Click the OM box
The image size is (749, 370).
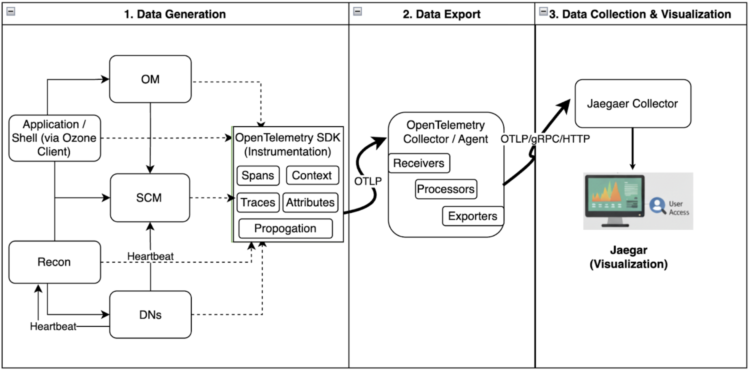(x=150, y=79)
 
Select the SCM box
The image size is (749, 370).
(x=150, y=198)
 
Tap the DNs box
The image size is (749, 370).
(x=150, y=315)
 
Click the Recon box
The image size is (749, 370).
(x=55, y=262)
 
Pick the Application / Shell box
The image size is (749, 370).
(x=55, y=138)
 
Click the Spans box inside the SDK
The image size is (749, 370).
(x=258, y=176)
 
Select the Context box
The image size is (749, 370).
(x=312, y=175)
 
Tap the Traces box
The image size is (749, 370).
(x=258, y=202)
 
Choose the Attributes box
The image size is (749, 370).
(x=310, y=202)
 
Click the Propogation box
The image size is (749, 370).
(x=285, y=228)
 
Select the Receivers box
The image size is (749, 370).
(x=419, y=163)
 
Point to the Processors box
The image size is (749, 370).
(x=446, y=189)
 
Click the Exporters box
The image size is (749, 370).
(x=472, y=216)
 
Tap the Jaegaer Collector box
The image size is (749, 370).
(x=633, y=103)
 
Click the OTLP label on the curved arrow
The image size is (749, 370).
(x=368, y=181)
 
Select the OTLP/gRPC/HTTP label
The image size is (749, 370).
(x=545, y=139)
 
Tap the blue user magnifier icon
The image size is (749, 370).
(x=657, y=205)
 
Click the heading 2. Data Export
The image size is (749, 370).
(x=441, y=14)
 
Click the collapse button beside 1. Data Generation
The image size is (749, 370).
(x=11, y=11)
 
